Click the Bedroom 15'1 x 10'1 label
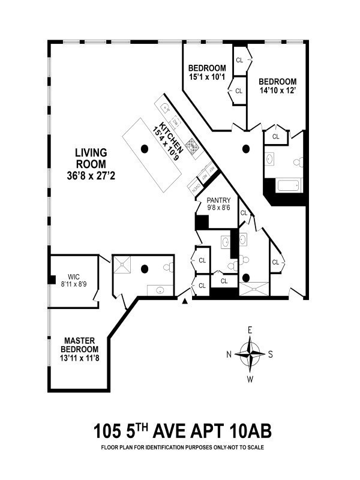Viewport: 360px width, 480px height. tap(206, 68)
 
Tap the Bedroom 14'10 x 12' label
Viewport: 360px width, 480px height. tap(277, 82)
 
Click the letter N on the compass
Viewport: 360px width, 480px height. tap(229, 354)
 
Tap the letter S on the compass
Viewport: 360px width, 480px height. tap(271, 354)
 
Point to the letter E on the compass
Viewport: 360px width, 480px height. tap(250, 330)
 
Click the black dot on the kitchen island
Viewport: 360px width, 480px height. tap(144, 148)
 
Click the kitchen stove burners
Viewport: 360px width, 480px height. tap(191, 146)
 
